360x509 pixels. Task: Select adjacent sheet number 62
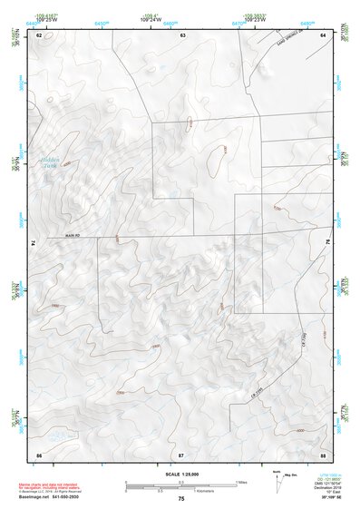pos(39,34)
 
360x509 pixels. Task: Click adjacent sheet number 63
pos(182,34)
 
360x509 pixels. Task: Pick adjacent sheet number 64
pos(323,34)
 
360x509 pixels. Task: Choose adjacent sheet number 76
pos(327,244)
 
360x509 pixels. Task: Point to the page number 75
pos(181,499)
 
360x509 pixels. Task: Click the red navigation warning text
pos(50,485)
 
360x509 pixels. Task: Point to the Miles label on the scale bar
pos(241,482)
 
